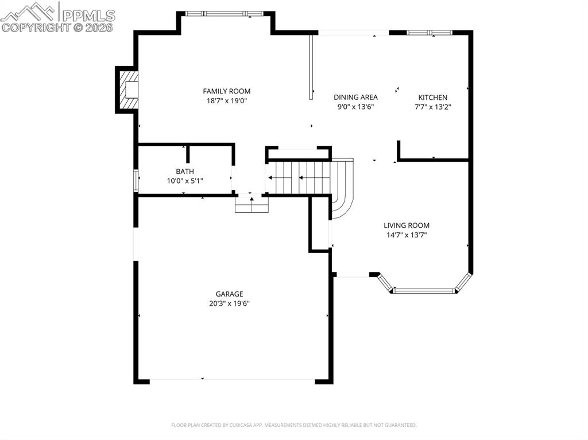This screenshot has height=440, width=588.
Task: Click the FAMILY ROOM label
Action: tap(226, 91)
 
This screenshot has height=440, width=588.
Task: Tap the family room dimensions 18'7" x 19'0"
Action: tap(226, 101)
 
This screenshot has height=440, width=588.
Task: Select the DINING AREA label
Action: tap(355, 97)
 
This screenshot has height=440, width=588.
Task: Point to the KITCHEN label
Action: tap(433, 98)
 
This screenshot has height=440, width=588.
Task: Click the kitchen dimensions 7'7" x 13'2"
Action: tap(433, 107)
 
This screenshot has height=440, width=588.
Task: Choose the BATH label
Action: tap(185, 172)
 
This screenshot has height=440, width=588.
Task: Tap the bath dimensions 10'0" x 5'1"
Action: tap(185, 181)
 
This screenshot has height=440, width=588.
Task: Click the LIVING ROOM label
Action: tap(407, 225)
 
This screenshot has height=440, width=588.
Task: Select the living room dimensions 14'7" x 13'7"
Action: tap(407, 235)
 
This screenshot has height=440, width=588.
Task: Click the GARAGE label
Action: tap(229, 294)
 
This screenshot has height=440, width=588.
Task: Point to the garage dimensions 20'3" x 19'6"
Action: tap(229, 303)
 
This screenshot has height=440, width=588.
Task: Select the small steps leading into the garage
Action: tap(252, 204)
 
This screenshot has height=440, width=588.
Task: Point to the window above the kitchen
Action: tap(430, 33)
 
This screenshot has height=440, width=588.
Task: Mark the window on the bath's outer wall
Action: tap(136, 181)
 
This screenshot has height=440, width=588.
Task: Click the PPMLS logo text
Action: tap(88, 15)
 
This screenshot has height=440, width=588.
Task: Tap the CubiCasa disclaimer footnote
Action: tap(293, 425)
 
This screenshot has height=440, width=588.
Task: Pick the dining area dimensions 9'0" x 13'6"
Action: tap(355, 107)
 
